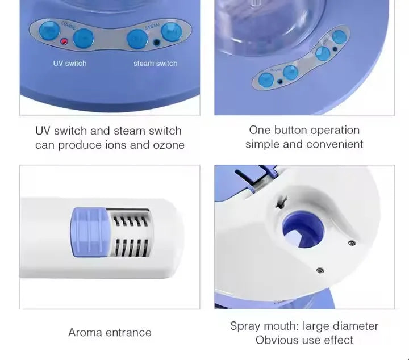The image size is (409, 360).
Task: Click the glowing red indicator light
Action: [x=64, y=42]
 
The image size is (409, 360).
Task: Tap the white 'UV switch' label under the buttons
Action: [x=70, y=64]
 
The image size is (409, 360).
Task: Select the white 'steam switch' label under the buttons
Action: [x=155, y=64]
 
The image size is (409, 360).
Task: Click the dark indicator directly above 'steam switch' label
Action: [x=156, y=42]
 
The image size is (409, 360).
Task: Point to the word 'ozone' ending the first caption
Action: [x=169, y=145]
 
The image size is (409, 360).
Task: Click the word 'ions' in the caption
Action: [x=114, y=145]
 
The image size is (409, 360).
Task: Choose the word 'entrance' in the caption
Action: [x=130, y=332]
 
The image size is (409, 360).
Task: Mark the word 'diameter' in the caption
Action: [x=355, y=326]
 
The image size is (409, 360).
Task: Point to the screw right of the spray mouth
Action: [x=351, y=243]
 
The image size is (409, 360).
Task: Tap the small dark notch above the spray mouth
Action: [x=278, y=200]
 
